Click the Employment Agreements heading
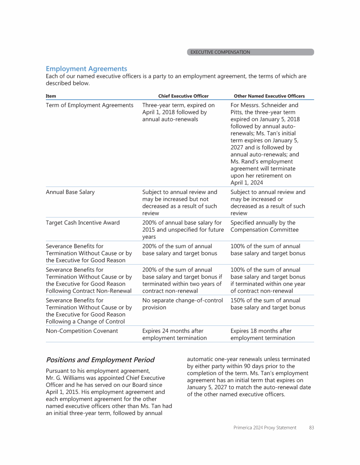click(86, 69)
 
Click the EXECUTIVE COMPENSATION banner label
click(220, 52)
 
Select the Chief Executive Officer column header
click(183, 96)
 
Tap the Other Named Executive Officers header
click(269, 96)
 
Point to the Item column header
click(51, 96)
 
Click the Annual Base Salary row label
click(70, 192)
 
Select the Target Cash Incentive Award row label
click(82, 222)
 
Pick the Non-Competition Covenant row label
click(82, 331)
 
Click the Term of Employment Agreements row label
click(90, 105)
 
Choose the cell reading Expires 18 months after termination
click(262, 334)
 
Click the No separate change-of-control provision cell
click(182, 304)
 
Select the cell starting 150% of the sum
click(268, 304)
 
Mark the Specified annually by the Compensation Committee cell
click(264, 226)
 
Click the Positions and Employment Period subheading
click(100, 360)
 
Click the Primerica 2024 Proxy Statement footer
click(265, 428)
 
